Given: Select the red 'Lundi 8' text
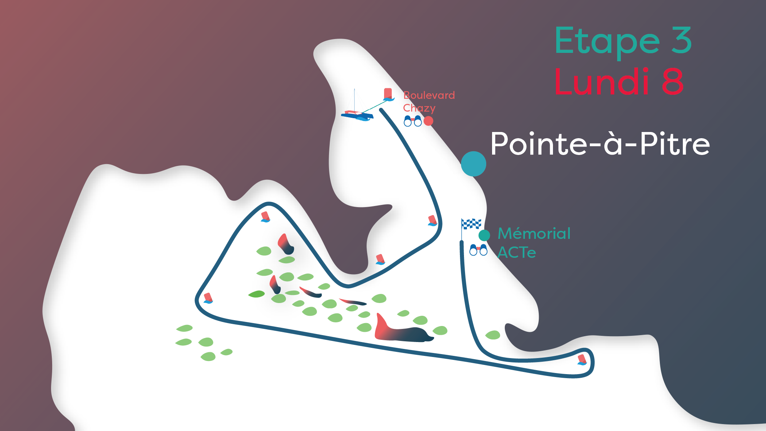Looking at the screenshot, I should [618, 82].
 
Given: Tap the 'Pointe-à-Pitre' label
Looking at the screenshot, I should [600, 144].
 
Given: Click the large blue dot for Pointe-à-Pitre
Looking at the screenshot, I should [473, 164].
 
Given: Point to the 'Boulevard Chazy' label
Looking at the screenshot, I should [429, 101].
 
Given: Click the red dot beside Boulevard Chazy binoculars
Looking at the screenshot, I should [428, 121].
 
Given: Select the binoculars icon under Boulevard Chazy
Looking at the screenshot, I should [413, 121].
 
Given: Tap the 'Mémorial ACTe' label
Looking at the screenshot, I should [534, 242].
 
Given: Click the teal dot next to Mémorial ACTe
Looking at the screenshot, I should [484, 235].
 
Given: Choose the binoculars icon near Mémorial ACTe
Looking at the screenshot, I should [478, 250].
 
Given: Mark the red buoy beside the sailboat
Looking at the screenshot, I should [388, 94].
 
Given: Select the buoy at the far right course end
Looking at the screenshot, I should [582, 360].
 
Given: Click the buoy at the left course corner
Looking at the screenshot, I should [208, 298].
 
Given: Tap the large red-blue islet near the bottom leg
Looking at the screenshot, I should [401, 330].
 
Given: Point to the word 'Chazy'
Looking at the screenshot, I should [419, 108].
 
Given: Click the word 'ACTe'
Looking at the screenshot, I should [517, 252].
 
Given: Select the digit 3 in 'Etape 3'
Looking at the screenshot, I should [681, 41].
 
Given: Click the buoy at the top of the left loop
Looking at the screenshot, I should [266, 217].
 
